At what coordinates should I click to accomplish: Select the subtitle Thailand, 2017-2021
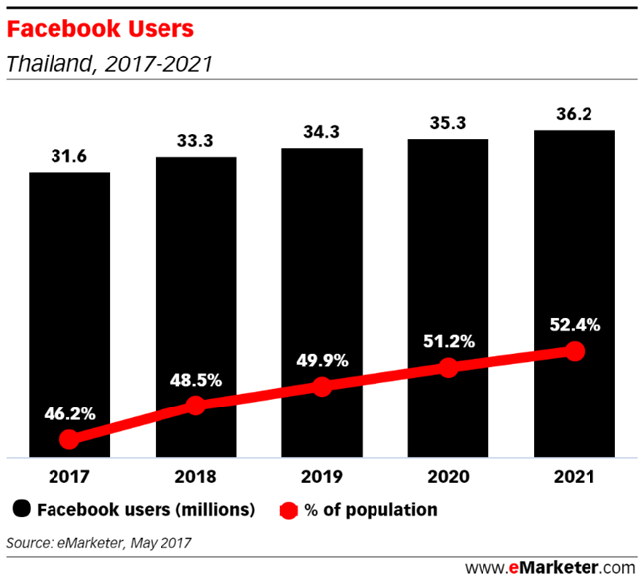tap(109, 64)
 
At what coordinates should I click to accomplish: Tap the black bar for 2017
tap(68, 297)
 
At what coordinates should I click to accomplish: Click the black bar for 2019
tap(321, 248)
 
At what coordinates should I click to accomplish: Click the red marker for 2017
tap(68, 439)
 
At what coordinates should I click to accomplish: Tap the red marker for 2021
tap(574, 351)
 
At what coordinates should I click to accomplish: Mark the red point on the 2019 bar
tap(321, 387)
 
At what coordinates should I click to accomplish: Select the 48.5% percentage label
tap(195, 379)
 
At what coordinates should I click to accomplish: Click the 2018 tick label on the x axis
tap(195, 477)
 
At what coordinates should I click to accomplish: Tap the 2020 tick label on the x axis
tap(448, 477)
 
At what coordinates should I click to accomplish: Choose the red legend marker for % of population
tap(287, 510)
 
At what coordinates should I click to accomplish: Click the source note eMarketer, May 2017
tap(99, 542)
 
